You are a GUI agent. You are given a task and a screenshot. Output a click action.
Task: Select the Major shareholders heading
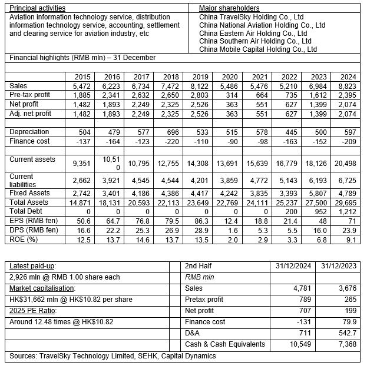pyautogui.click(x=229, y=8)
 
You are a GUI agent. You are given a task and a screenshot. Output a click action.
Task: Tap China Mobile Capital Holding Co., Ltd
pyautogui.click(x=258, y=49)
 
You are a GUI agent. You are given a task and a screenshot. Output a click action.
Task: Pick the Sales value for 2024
pyautogui.click(x=348, y=86)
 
